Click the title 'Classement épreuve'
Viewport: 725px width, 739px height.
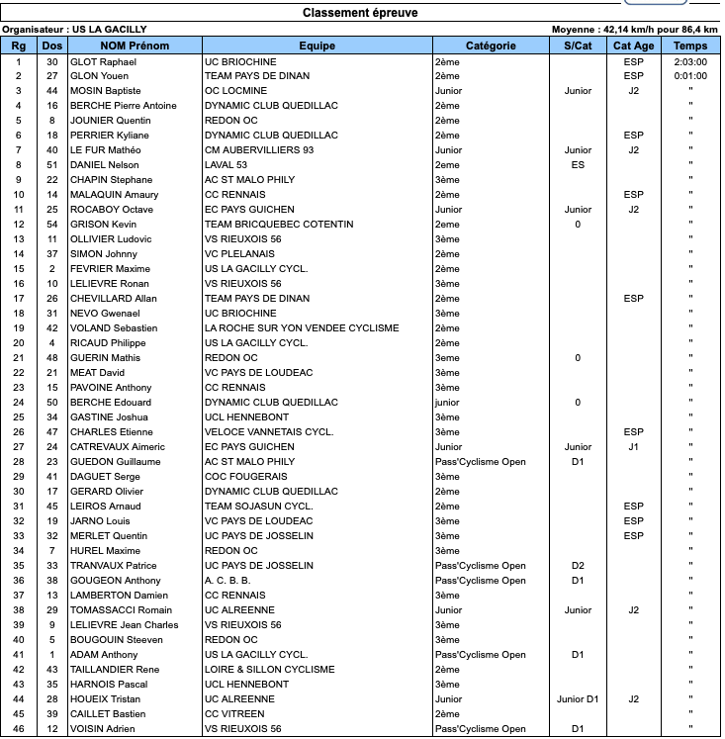pyautogui.click(x=359, y=13)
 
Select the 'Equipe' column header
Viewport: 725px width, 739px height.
pyautogui.click(x=317, y=46)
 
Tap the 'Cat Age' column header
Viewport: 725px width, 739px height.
pyautogui.click(x=633, y=46)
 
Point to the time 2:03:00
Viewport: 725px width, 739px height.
pyautogui.click(x=689, y=61)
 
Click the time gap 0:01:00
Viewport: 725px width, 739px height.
pyautogui.click(x=689, y=76)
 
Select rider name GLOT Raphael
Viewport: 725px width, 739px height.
pyautogui.click(x=104, y=61)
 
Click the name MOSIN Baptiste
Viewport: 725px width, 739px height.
pyautogui.click(x=108, y=91)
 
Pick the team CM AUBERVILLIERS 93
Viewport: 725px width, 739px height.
pyautogui.click(x=258, y=150)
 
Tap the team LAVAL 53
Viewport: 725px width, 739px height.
pyautogui.click(x=226, y=165)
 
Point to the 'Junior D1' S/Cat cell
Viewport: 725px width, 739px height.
pyautogui.click(x=578, y=699)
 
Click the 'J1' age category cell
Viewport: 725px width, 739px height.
pyautogui.click(x=633, y=447)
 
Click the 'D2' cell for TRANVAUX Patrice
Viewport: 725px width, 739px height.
pyautogui.click(x=578, y=566)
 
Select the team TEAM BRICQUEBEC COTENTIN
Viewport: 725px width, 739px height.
pyautogui.click(x=278, y=225)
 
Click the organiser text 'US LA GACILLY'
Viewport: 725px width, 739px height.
pyautogui.click(x=107, y=31)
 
